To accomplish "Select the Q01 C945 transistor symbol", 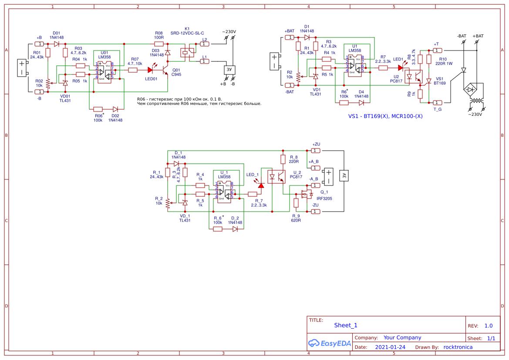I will point(165,69).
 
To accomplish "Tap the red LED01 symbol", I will point(151,69).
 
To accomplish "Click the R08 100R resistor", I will point(159,44).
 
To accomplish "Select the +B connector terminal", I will point(39,44).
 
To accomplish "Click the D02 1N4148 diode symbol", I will point(115,109).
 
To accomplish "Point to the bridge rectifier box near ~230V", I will point(471,90).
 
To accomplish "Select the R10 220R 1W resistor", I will point(428,60).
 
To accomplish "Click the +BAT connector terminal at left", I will point(289,37).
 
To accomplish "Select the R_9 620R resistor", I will point(296,203).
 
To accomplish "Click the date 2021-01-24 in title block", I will point(390,347).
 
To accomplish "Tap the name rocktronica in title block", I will point(458,347).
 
